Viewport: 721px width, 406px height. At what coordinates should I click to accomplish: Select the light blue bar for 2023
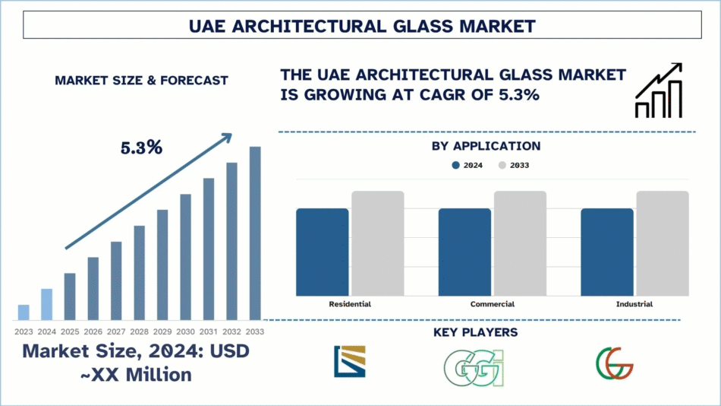click(24, 312)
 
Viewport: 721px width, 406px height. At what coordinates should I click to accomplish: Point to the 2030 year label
click(185, 331)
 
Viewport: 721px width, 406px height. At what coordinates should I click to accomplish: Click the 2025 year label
click(70, 331)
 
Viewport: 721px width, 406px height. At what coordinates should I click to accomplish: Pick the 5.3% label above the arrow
click(141, 147)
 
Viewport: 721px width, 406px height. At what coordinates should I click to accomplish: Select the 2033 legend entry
click(514, 165)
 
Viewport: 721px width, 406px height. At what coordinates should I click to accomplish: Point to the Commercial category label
click(492, 304)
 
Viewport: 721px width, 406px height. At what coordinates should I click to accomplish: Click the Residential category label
click(350, 304)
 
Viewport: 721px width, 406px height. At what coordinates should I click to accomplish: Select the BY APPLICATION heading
click(486, 146)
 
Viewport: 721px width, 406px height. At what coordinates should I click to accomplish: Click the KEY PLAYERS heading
click(486, 332)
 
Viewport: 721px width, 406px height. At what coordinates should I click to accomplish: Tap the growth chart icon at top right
click(658, 92)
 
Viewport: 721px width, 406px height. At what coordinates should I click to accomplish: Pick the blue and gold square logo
click(349, 362)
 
